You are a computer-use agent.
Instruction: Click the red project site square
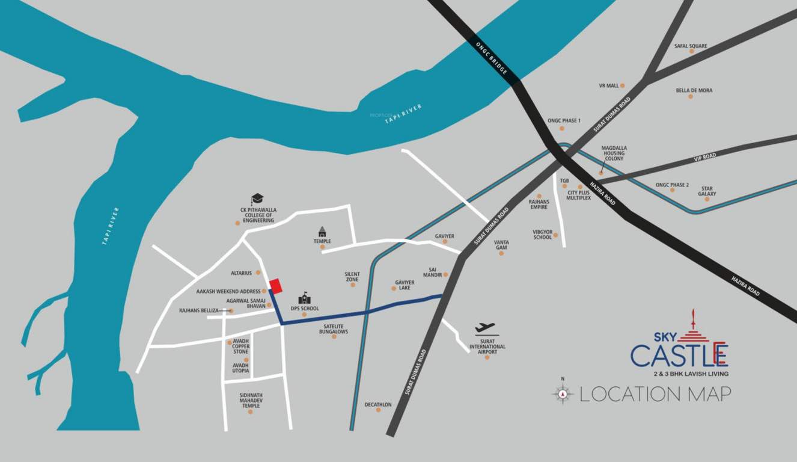tap(275, 286)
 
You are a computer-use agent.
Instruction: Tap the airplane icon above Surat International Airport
tap(485, 328)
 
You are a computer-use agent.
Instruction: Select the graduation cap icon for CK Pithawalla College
tap(257, 199)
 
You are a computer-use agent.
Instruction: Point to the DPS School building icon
tap(305, 298)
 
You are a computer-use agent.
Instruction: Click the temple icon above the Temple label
tap(322, 231)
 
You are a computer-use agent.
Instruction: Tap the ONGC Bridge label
tap(492, 59)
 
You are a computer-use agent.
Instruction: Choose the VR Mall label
tap(609, 86)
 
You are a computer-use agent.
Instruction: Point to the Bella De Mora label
tap(694, 90)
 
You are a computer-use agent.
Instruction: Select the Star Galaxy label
tap(707, 191)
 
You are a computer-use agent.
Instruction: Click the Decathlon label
tap(378, 405)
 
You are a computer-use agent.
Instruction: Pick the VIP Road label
tap(705, 156)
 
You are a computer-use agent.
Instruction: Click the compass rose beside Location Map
tap(563, 394)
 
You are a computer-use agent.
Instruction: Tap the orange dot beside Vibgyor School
tap(555, 235)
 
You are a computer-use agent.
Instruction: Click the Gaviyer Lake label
tap(405, 285)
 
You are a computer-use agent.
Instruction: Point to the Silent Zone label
tap(352, 276)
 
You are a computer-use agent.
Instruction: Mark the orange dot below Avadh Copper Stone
tap(246, 360)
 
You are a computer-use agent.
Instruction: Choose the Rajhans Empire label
tap(539, 204)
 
